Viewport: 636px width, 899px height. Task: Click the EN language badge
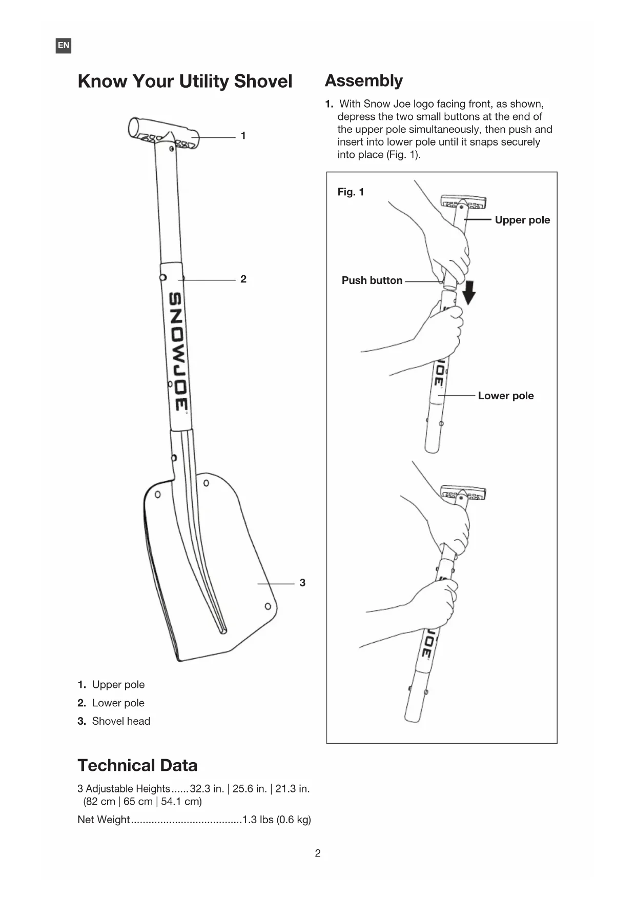point(63,46)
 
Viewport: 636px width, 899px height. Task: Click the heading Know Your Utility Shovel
point(184,81)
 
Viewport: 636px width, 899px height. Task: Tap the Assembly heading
point(363,81)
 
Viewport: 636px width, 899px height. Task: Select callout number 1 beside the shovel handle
point(243,136)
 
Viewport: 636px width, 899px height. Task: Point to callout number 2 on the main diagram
point(243,279)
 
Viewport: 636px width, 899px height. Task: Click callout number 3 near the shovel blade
point(302,583)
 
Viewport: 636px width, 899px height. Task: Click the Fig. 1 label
point(351,192)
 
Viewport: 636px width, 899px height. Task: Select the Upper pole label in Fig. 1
point(522,220)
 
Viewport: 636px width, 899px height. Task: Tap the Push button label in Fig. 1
point(372,280)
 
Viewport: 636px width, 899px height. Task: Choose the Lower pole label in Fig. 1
point(506,396)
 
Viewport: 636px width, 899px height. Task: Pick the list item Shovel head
point(121,721)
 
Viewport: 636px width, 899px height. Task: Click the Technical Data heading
point(137,765)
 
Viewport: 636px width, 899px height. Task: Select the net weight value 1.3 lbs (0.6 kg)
point(277,820)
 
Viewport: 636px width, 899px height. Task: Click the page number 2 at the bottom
point(318,853)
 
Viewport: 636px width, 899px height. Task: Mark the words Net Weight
point(104,820)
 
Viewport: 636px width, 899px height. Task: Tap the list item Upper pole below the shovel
point(118,685)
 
